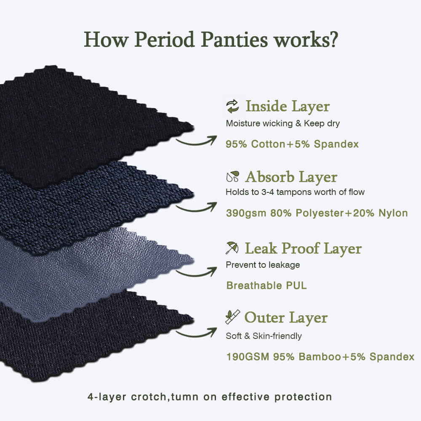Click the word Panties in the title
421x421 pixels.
click(234, 40)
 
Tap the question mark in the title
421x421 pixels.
click(333, 40)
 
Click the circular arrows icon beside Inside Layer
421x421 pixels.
click(232, 107)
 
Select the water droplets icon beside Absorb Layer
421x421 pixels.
click(232, 176)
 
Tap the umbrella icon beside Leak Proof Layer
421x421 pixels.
click(232, 248)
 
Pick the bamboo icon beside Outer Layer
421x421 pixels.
click(232, 317)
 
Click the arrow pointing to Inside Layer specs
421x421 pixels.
click(196, 141)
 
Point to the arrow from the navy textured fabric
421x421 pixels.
click(196, 207)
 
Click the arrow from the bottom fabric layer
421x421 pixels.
click(196, 333)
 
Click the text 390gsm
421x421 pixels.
click(246, 213)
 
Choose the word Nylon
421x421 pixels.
click(393, 213)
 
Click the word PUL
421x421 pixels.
click(296, 285)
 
